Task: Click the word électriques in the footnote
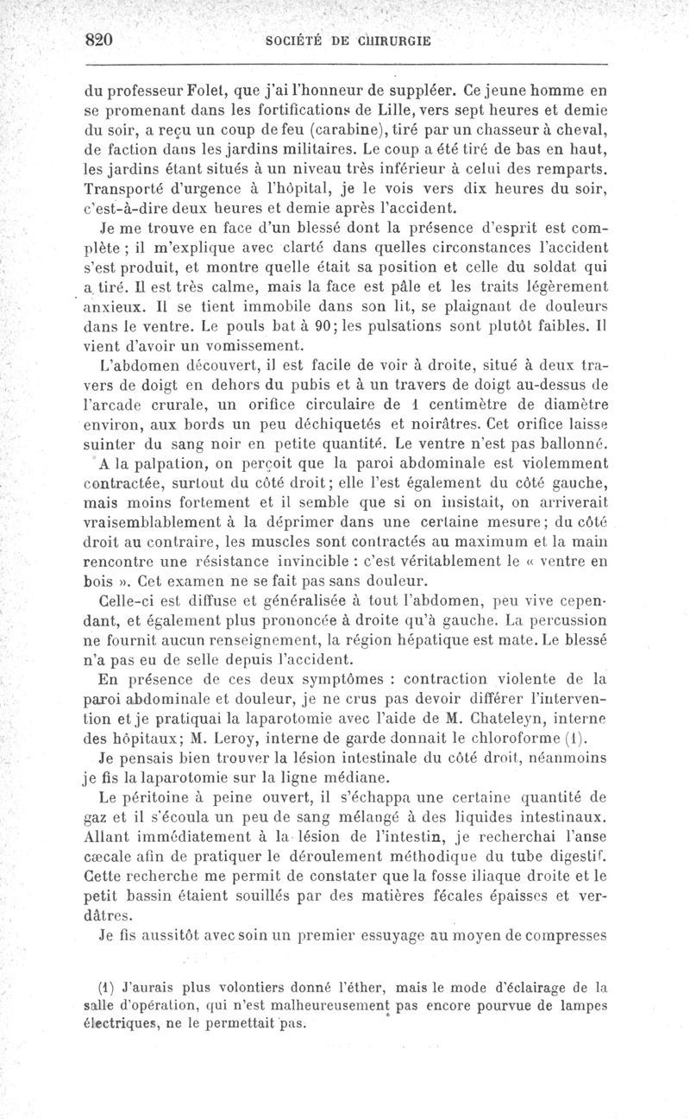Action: tap(121, 1024)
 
